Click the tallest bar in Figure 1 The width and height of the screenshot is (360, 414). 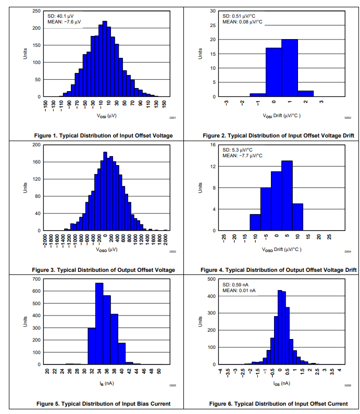click(x=105, y=59)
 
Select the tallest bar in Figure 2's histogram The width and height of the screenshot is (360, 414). click(x=289, y=68)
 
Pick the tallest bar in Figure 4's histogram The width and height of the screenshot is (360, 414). click(x=287, y=195)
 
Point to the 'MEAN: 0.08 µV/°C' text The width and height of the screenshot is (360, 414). click(x=242, y=22)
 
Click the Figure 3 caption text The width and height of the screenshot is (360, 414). click(x=103, y=270)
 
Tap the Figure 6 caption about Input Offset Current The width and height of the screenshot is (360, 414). click(x=278, y=404)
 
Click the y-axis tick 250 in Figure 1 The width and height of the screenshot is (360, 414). click(x=37, y=11)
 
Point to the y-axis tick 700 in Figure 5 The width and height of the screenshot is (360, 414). click(x=37, y=279)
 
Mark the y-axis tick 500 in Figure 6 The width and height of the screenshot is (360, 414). click(x=213, y=279)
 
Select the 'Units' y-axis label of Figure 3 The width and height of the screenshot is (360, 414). click(x=24, y=187)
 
